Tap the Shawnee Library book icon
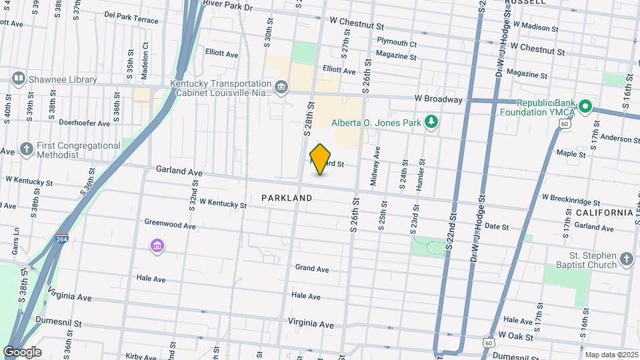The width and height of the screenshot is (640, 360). [x=19, y=79]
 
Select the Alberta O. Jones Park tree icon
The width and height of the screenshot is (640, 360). [x=432, y=121]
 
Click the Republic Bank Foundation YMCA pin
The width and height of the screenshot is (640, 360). [x=585, y=106]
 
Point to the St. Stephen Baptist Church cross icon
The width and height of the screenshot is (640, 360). [x=626, y=259]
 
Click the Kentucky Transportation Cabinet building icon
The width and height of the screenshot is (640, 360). [x=281, y=86]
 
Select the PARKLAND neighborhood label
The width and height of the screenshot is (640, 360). [x=287, y=198]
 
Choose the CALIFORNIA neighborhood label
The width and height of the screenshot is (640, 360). [x=603, y=212]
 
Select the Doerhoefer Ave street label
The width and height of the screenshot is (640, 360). [x=84, y=123]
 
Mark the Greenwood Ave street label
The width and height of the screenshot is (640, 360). [x=170, y=225]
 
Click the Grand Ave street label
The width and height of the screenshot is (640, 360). [x=312, y=269]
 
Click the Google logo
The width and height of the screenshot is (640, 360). [x=22, y=351]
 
